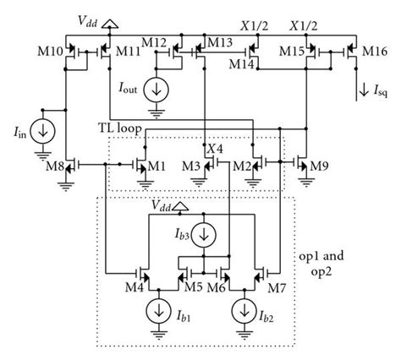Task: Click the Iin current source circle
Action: (41, 133)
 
